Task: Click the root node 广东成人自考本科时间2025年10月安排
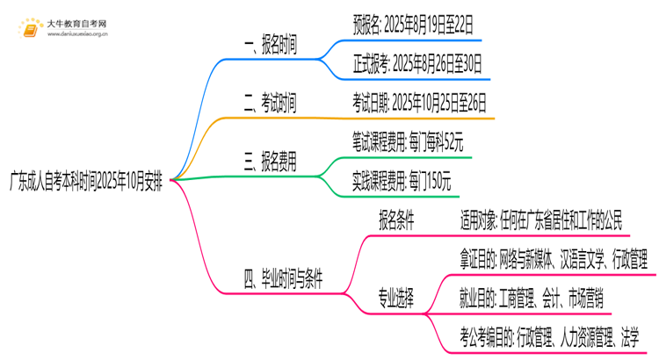85,181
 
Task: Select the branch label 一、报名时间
270,47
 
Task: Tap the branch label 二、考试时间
270,105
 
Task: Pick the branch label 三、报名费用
270,162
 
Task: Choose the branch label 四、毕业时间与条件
282,280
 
